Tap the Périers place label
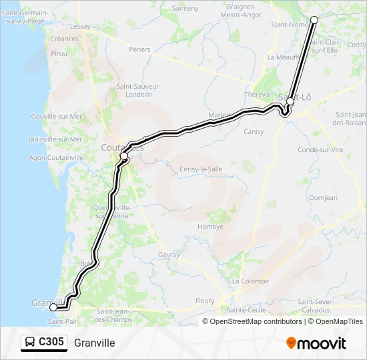139,49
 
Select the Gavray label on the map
169,255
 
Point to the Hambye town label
210,227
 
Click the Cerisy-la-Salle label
201,169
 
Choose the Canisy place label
254,131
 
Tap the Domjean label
324,198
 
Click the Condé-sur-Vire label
320,149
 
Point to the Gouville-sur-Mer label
56,116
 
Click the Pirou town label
59,53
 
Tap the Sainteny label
186,8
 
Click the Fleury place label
205,301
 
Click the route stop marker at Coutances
124,156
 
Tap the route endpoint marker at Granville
53,307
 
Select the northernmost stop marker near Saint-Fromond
314,20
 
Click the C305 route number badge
51,343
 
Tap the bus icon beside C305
30,343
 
